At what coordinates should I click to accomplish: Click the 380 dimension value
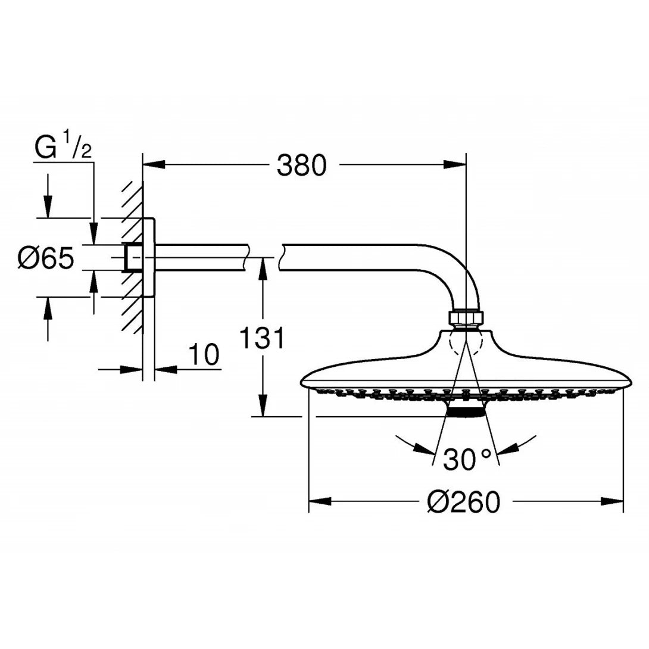tap(302, 165)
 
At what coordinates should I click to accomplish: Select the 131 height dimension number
tap(261, 339)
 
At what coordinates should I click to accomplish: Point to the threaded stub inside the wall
tap(132, 257)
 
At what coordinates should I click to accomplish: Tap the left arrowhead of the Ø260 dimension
tap(319, 502)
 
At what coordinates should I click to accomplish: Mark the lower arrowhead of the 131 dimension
tap(261, 407)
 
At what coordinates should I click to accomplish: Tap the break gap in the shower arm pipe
tap(263, 257)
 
